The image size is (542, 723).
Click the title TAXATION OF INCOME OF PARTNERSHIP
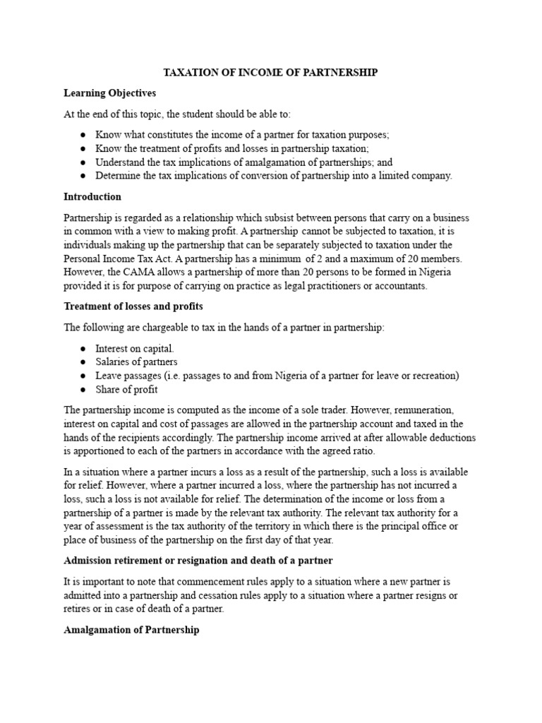click(x=270, y=72)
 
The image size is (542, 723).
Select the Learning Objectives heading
click(x=109, y=92)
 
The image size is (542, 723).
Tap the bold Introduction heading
click(x=92, y=196)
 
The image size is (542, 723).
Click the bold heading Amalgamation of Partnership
click(x=131, y=629)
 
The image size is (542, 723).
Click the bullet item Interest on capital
click(x=135, y=349)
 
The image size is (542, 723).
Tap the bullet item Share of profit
click(x=127, y=389)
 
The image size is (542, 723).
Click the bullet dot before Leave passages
click(x=83, y=376)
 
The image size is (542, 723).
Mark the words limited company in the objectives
click(x=411, y=176)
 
